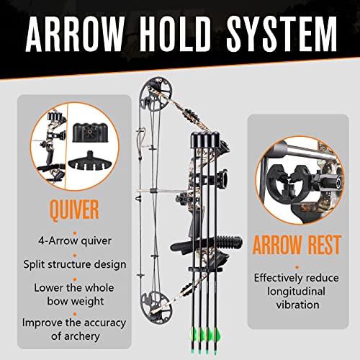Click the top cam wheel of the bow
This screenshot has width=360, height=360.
click(156, 93)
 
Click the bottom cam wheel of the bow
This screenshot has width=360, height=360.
click(157, 297)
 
